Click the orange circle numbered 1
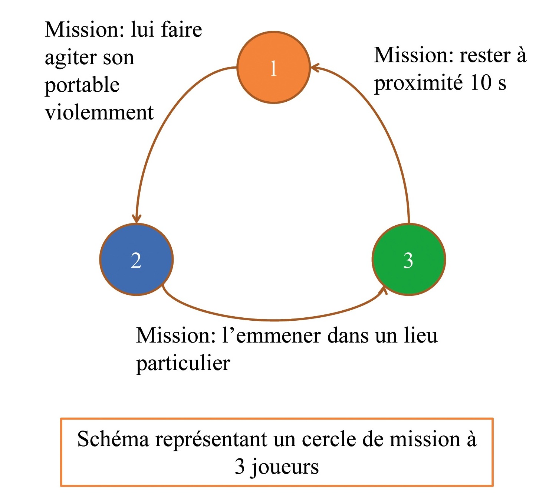click(273, 68)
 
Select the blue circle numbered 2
click(137, 259)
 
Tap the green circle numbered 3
click(408, 259)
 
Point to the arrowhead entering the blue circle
click(137, 219)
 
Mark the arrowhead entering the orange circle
click(315, 68)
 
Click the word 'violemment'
click(99, 112)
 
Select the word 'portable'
click(82, 85)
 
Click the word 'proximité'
click(418, 83)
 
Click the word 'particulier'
click(183, 363)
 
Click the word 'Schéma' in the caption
click(113, 439)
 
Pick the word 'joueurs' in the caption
click(285, 467)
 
